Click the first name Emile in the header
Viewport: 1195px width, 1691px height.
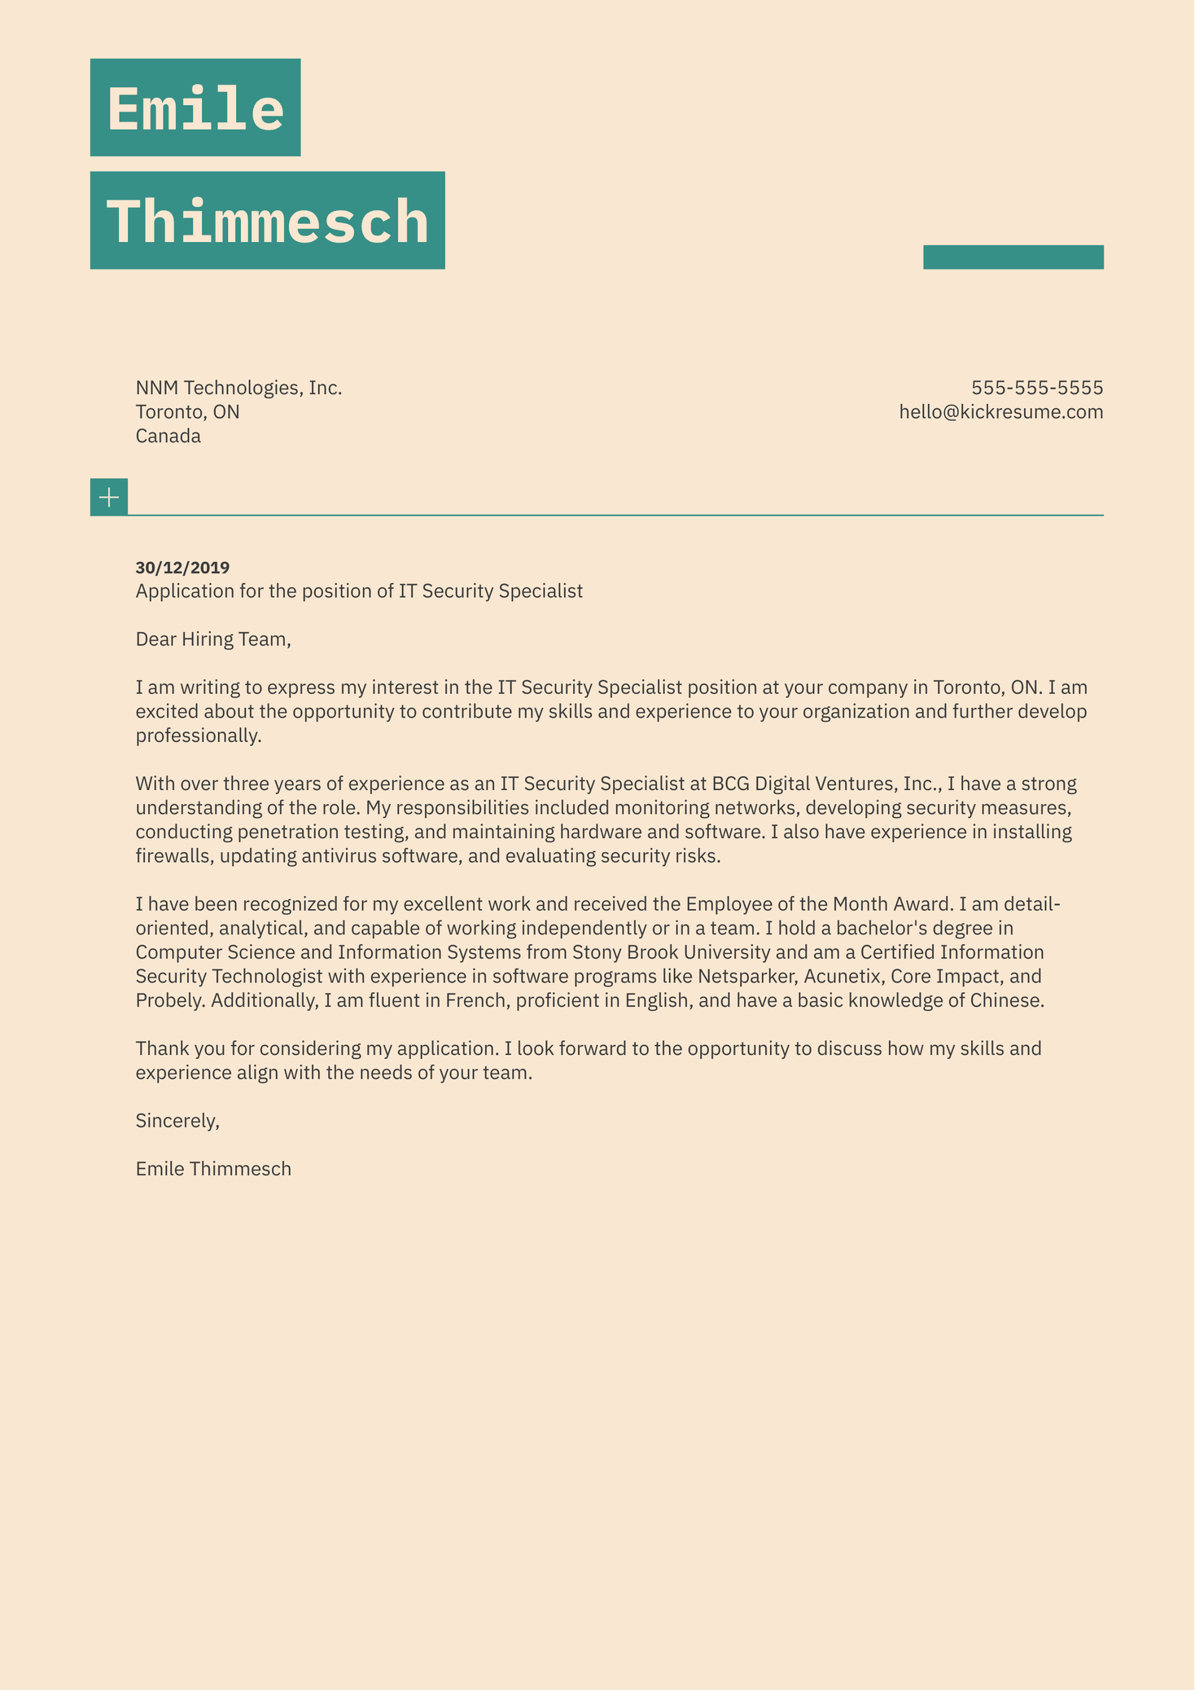[x=195, y=108]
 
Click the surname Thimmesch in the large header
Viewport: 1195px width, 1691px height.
[x=267, y=221]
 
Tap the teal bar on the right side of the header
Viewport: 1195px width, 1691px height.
[x=1013, y=257]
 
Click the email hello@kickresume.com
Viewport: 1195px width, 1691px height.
[x=1000, y=412]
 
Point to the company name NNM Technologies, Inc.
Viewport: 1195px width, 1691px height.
[x=239, y=388]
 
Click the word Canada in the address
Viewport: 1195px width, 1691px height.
[x=168, y=437]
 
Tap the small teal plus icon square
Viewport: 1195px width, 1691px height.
[x=108, y=497]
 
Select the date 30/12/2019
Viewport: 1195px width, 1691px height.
[x=182, y=568]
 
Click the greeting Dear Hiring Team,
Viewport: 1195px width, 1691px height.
[x=213, y=639]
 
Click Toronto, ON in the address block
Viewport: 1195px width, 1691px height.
[x=187, y=412]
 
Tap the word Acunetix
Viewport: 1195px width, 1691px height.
[x=843, y=977]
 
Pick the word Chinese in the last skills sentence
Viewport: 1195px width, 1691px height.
[x=1005, y=1001]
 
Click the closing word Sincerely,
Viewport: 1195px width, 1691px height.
[x=177, y=1121]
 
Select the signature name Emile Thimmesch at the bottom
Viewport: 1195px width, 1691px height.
[x=213, y=1170]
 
